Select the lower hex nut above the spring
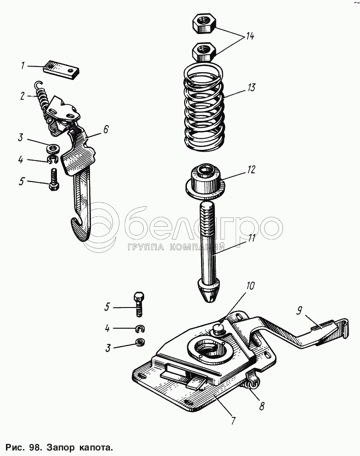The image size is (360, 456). point(204,51)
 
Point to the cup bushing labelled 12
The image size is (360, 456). point(205,182)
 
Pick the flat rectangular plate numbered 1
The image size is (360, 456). point(62,70)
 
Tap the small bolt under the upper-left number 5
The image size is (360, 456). point(54,179)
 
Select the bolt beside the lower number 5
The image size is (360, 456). point(139,304)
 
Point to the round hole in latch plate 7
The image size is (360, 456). point(208,349)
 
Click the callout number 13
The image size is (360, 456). point(251,87)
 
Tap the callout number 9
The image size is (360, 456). point(299,311)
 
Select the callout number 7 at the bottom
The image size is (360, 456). point(232,421)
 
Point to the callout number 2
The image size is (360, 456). point(23,96)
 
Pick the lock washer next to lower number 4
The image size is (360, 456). point(141,329)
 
